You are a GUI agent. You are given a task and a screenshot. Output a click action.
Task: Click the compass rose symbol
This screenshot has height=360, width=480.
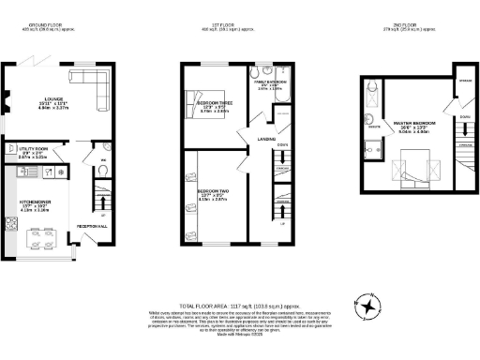[369, 307]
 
